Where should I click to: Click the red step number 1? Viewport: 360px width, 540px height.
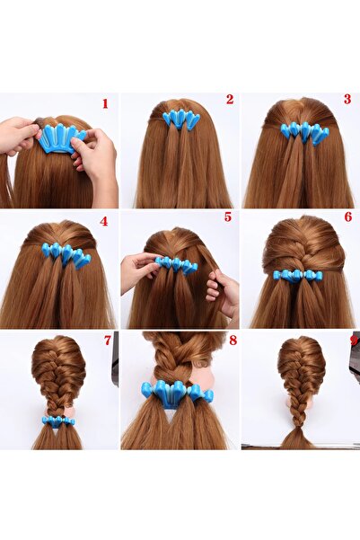pos(105,103)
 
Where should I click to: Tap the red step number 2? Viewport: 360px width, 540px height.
pos(230,100)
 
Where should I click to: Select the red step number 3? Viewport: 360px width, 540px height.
pos(347,99)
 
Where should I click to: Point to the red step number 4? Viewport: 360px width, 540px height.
pos(104,221)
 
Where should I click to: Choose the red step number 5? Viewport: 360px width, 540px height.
pos(228,217)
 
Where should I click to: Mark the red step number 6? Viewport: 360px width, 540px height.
pos(348,217)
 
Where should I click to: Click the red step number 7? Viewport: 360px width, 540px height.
pos(108,341)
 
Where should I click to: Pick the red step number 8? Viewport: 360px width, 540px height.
pos(233,341)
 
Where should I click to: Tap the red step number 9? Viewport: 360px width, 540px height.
pos(353,340)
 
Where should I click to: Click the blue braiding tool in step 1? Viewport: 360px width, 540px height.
pos(61,138)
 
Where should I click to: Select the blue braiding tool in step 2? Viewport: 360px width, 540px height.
pos(181,120)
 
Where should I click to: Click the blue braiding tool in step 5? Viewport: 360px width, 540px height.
pos(176,265)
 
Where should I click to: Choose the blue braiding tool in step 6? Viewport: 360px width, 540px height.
pos(297,276)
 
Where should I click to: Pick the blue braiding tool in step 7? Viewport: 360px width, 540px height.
pos(57,421)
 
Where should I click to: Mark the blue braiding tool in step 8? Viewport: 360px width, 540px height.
pos(177,393)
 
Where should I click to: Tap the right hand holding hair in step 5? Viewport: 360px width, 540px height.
pos(222,291)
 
